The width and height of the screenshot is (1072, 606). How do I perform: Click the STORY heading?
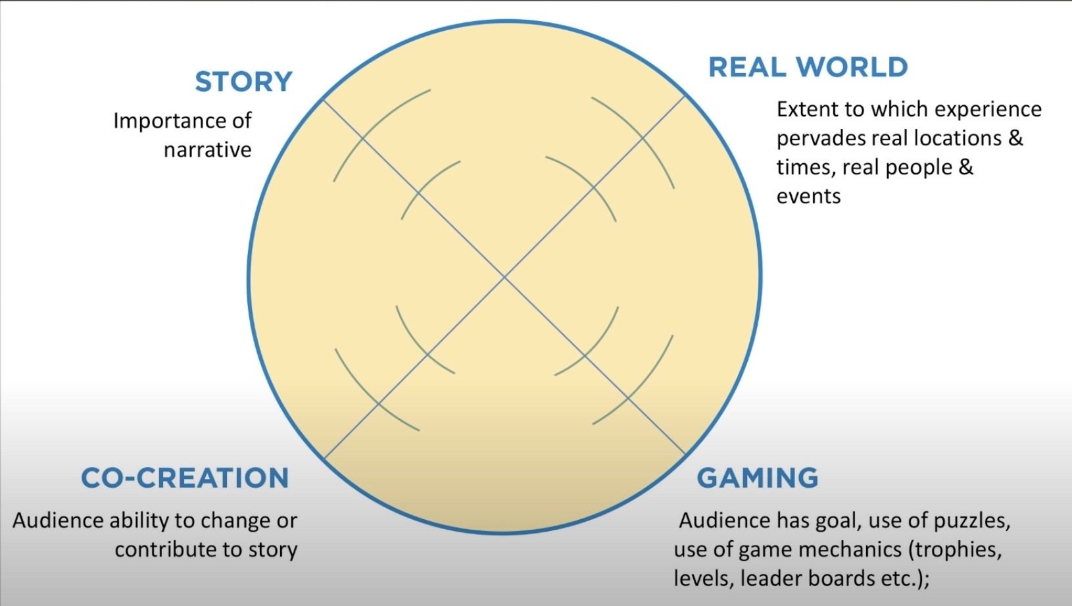[x=243, y=82]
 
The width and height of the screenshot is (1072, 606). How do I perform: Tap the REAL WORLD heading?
[x=808, y=67]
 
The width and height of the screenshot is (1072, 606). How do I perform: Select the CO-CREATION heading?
[x=185, y=478]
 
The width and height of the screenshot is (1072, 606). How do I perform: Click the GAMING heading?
[x=757, y=478]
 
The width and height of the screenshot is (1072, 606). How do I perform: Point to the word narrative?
[x=207, y=150]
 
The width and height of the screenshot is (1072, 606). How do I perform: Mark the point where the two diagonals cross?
[x=504, y=278]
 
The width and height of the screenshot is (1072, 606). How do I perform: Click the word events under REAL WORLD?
[x=808, y=196]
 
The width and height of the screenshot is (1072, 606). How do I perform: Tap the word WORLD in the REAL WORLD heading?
[x=852, y=67]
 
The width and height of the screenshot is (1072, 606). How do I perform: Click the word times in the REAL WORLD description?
[x=805, y=167]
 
